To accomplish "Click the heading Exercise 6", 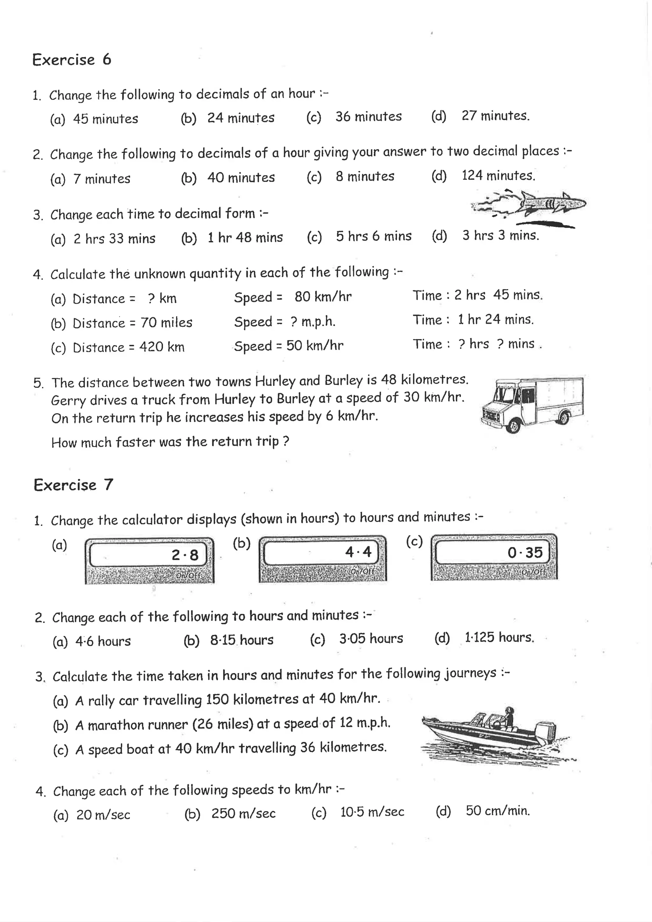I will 71,60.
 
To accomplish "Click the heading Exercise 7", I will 73,485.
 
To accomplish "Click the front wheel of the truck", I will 513,425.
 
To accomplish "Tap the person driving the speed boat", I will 509,717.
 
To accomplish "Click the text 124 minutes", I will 498,175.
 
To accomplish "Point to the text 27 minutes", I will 495,116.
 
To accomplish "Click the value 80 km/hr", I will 323,297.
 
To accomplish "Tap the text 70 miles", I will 166,323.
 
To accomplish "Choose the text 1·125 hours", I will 499,638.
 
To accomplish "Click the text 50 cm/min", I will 498,811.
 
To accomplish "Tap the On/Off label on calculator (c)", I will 533,572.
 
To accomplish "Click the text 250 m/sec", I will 243,813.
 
